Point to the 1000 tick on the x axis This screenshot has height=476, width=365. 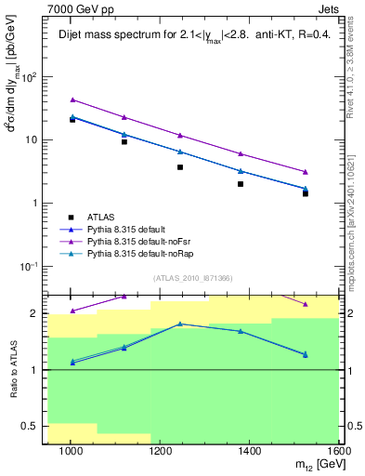(x=71, y=451)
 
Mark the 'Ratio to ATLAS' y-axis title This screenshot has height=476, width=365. (x=12, y=367)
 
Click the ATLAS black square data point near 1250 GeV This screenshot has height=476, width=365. (x=180, y=167)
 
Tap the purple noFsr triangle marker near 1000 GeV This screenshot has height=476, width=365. (x=72, y=99)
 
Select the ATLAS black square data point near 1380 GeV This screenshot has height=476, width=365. (x=241, y=184)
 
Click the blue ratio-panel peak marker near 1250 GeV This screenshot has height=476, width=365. (x=180, y=324)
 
